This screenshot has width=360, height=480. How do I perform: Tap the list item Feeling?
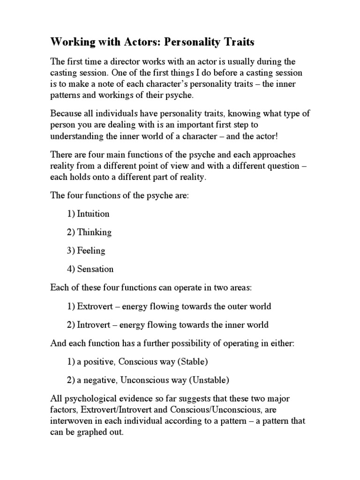pyautogui.click(x=91, y=251)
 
